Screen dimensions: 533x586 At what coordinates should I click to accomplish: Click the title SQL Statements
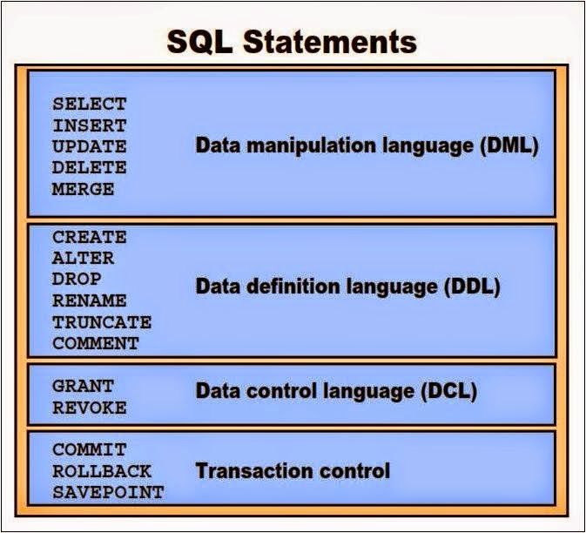coord(293,41)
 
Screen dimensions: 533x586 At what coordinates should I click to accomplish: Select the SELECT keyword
coord(89,105)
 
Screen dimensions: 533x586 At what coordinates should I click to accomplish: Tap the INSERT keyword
coord(89,125)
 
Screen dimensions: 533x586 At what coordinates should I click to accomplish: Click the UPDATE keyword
coord(89,146)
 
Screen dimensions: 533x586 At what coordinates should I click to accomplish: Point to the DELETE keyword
coord(89,167)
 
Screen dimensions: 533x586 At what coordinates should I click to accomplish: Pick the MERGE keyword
coord(83,188)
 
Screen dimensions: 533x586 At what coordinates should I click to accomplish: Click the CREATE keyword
coord(89,237)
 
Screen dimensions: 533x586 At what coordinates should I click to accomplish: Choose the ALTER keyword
coord(83,258)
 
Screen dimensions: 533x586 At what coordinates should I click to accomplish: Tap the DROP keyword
coord(77,279)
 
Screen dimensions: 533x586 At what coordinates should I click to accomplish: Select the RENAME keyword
coord(89,300)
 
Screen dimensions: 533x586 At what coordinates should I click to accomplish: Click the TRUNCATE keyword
coord(101,321)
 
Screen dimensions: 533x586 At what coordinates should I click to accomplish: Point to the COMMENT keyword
coord(95,343)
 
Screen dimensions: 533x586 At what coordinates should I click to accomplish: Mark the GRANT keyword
coord(83,385)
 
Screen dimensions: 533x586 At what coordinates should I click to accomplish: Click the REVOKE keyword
coord(89,407)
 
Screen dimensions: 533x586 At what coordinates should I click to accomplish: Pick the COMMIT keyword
coord(89,450)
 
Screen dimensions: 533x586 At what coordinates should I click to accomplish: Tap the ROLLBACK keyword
coord(101,471)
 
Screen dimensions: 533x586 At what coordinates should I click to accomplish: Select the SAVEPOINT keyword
coord(107,492)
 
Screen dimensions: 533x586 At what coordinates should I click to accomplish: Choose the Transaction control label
coord(293,471)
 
